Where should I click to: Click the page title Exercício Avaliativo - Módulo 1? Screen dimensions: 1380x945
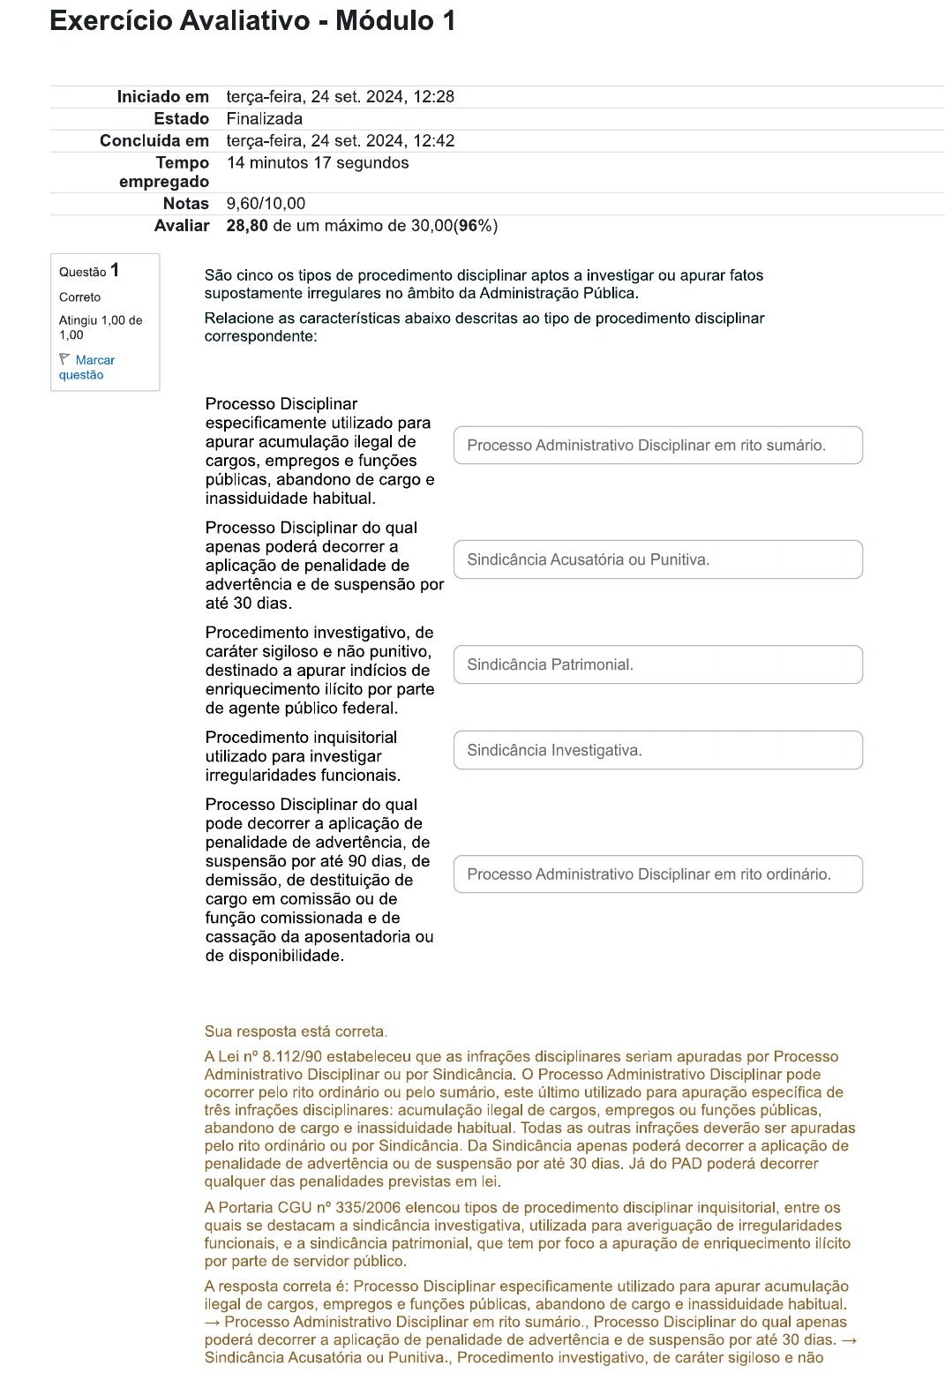pyautogui.click(x=252, y=20)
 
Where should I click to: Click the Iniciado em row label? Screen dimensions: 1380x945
pyautogui.click(x=162, y=97)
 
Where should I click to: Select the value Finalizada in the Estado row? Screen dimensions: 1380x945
pyautogui.click(x=264, y=119)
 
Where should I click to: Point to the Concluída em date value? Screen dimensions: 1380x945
pyautogui.click(x=340, y=141)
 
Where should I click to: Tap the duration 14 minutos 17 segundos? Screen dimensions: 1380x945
pyautogui.click(x=318, y=163)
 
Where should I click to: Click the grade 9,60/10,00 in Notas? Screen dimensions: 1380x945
pyautogui.click(x=266, y=204)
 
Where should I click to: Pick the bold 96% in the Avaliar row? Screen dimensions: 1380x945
pyautogui.click(x=476, y=226)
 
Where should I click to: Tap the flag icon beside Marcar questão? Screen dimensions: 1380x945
pyautogui.click(x=64, y=359)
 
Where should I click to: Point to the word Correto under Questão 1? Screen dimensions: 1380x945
pyautogui.click(x=79, y=297)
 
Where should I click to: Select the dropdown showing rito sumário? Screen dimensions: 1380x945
pyautogui.click(x=657, y=446)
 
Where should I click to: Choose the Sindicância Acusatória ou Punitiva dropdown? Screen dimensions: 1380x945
pyautogui.click(x=657, y=559)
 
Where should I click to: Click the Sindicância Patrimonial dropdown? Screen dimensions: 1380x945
pyautogui.click(x=657, y=664)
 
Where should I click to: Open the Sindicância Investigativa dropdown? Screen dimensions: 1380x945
pyautogui.click(x=657, y=750)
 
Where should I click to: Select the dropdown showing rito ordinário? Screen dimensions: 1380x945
pyautogui.click(x=657, y=874)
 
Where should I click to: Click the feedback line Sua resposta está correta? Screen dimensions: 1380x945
pyautogui.click(x=296, y=1031)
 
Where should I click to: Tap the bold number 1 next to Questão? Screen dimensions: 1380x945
pyautogui.click(x=115, y=270)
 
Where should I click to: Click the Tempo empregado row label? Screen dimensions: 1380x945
pyautogui.click(x=164, y=172)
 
